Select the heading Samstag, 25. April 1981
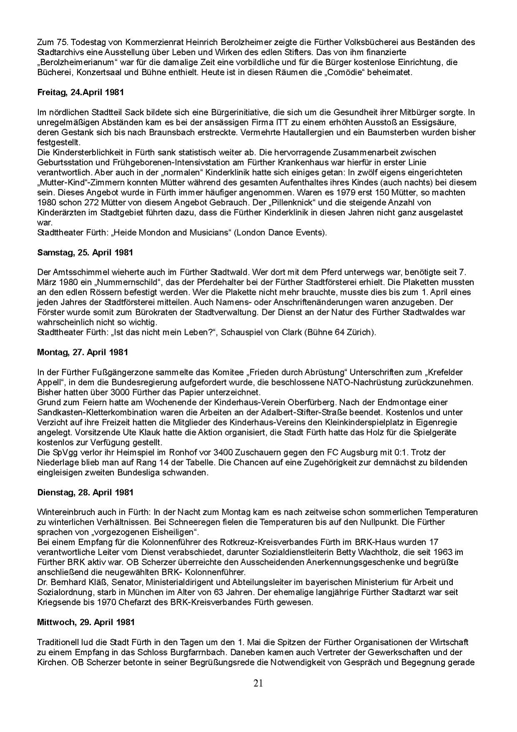pos(85,253)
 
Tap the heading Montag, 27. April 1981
pos(83,352)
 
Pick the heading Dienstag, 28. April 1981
pos(85,492)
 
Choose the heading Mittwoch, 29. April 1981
pos(86,622)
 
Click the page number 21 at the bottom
pos(258,683)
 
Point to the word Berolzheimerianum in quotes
pos(73,62)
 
